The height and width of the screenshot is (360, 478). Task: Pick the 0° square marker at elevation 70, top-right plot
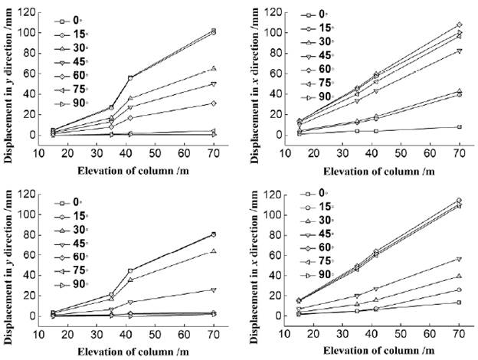point(458,127)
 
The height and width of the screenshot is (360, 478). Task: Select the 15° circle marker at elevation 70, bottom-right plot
point(458,290)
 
